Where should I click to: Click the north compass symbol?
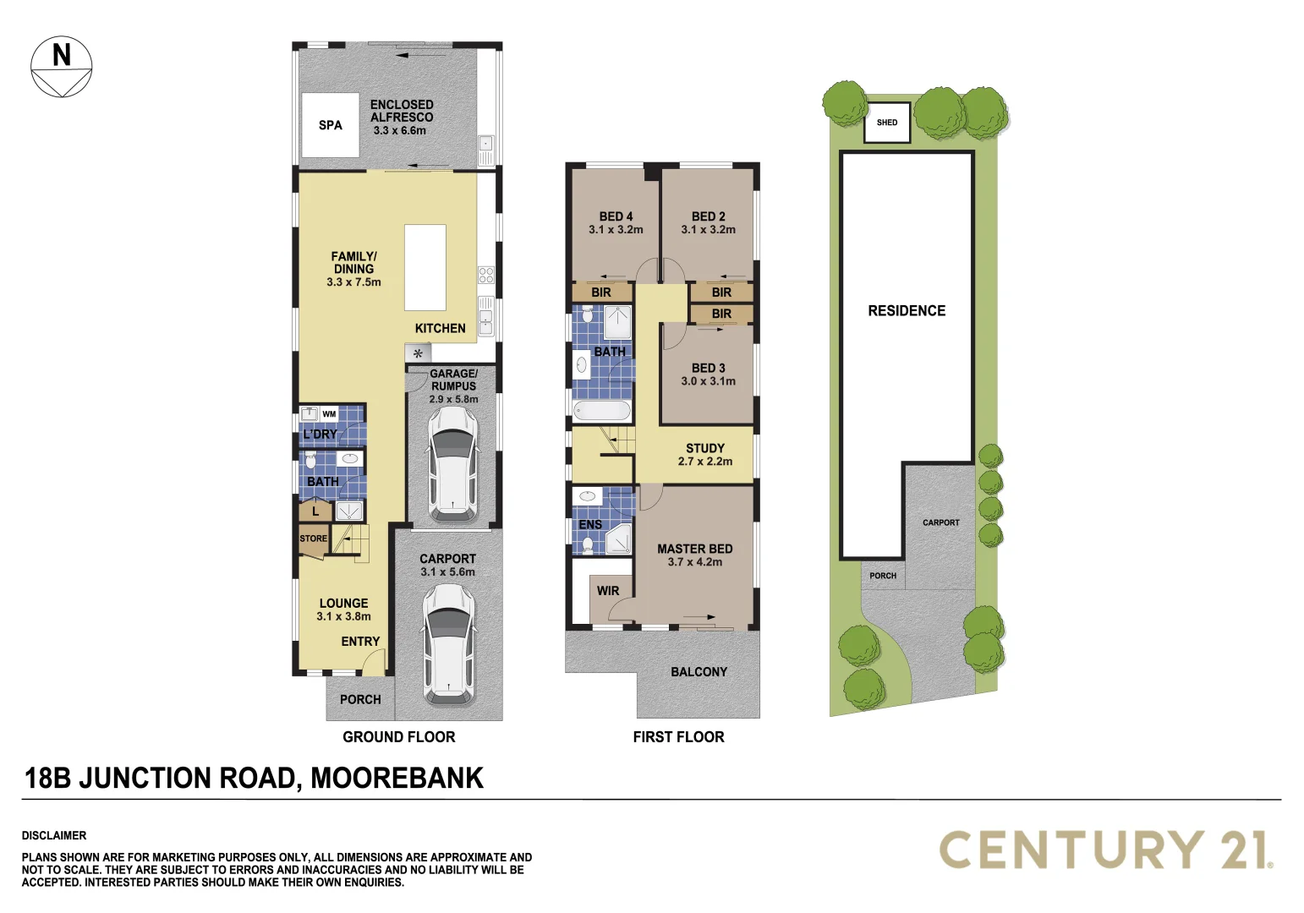(x=62, y=66)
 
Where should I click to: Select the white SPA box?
(x=331, y=125)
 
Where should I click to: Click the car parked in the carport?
(x=448, y=644)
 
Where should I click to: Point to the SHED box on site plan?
(x=887, y=123)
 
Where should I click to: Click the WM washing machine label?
(x=329, y=414)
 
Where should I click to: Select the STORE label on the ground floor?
(x=313, y=539)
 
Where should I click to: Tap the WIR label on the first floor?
(x=608, y=591)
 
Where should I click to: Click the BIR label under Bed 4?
(x=601, y=292)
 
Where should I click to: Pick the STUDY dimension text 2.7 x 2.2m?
(x=705, y=462)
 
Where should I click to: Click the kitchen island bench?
(x=425, y=267)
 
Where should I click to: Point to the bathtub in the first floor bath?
(x=601, y=412)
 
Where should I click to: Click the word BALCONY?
(x=699, y=672)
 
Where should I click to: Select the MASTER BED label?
(x=695, y=549)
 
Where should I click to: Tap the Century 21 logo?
(x=1106, y=850)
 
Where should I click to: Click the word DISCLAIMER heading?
(x=54, y=835)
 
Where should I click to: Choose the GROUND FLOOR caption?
(x=398, y=737)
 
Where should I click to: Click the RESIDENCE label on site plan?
(x=907, y=311)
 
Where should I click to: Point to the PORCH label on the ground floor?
(x=360, y=700)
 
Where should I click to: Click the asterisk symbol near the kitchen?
(x=418, y=353)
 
